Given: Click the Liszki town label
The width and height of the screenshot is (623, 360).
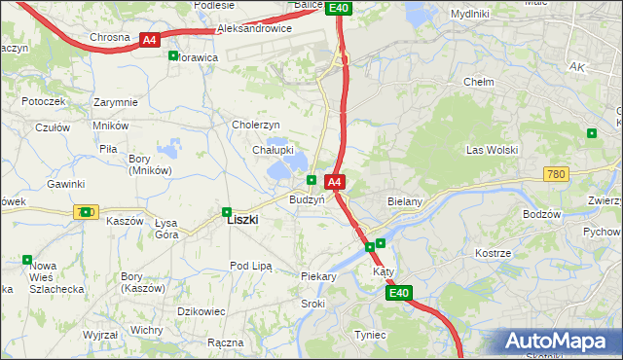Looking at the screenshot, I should click(x=241, y=220).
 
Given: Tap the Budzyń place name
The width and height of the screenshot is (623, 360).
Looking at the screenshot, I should click(x=306, y=198).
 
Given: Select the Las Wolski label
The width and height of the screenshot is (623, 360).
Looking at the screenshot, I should click(x=492, y=150).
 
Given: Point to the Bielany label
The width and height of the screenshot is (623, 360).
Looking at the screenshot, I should click(x=403, y=201).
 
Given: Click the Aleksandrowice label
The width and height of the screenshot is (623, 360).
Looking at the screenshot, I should click(x=254, y=29).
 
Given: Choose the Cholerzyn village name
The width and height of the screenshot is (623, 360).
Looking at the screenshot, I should click(x=255, y=125).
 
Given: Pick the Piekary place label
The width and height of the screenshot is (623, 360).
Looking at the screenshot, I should click(x=318, y=276).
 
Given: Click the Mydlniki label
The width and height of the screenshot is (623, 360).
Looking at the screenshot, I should click(x=470, y=14).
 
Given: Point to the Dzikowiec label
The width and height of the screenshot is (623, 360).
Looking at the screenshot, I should click(x=202, y=311).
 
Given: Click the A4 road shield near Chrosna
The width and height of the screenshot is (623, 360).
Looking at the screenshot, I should click(x=148, y=40).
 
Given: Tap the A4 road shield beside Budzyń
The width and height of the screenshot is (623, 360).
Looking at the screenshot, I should click(x=334, y=182).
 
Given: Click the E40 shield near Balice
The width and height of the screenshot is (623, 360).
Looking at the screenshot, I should click(x=338, y=8).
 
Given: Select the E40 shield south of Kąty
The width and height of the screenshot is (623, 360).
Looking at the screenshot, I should click(x=398, y=293).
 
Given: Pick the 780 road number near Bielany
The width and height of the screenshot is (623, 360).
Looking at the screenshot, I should click(x=556, y=173).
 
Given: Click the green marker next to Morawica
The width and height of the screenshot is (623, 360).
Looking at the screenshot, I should click(x=173, y=55).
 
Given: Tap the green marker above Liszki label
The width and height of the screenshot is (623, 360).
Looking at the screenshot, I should click(x=227, y=209).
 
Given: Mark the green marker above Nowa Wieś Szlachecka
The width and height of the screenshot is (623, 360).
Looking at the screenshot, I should click(x=26, y=259).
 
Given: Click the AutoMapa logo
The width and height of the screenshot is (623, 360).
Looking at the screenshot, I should click(x=560, y=341).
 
